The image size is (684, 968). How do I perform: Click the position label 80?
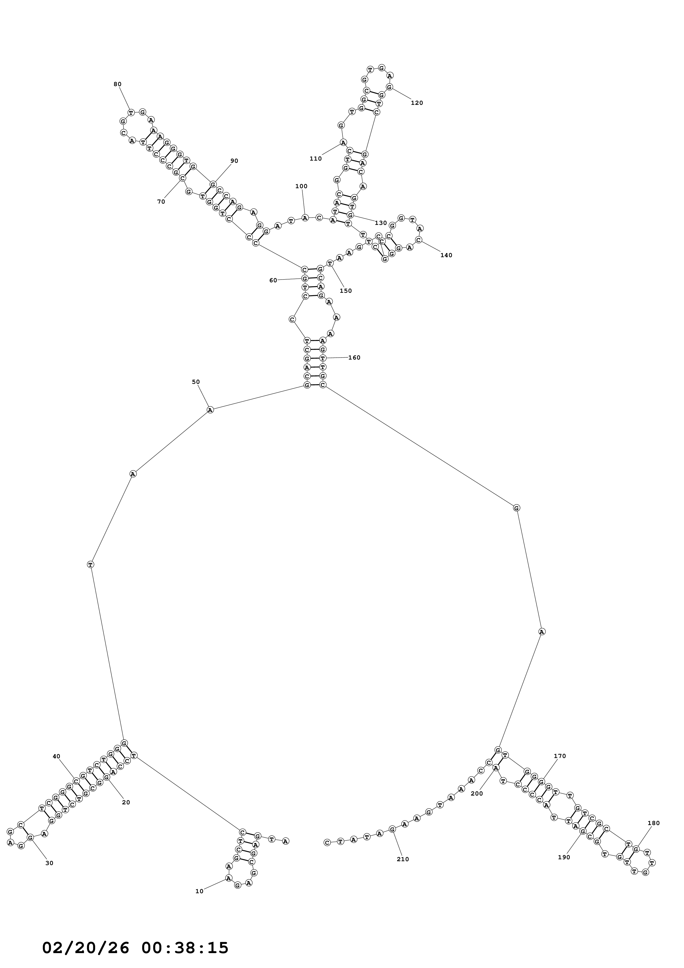point(117,84)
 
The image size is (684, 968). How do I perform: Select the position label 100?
point(301,186)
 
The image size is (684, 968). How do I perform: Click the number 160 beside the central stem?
point(354,358)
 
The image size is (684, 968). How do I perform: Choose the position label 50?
point(196,382)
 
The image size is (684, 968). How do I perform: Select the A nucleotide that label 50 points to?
point(210,410)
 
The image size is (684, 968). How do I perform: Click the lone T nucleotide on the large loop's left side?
point(90,564)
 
